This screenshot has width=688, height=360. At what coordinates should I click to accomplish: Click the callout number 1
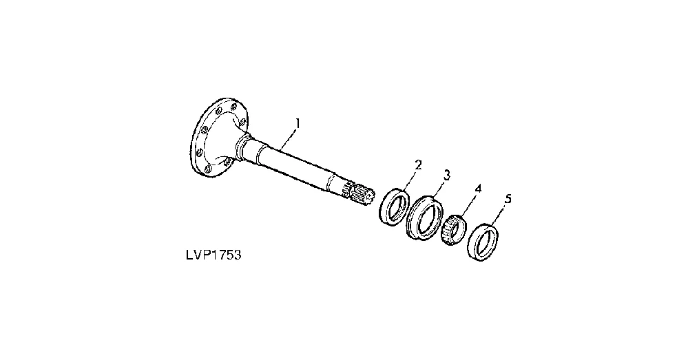pyautogui.click(x=298, y=123)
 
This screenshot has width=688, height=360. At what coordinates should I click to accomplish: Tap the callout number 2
pyautogui.click(x=418, y=165)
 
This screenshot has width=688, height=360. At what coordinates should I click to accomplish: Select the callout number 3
pyautogui.click(x=447, y=176)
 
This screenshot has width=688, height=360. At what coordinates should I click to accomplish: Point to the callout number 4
pyautogui.click(x=478, y=189)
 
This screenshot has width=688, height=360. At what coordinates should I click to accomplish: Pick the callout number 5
pyautogui.click(x=508, y=199)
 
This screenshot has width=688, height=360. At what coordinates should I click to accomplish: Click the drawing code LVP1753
pyautogui.click(x=213, y=255)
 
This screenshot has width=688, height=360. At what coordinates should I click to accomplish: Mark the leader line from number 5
pyautogui.click(x=498, y=215)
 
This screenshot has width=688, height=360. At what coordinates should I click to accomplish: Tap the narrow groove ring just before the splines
pyautogui.click(x=333, y=183)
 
